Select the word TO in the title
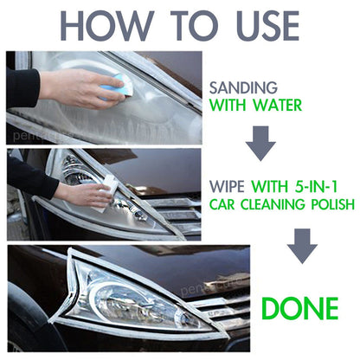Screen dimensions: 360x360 tap(195, 26)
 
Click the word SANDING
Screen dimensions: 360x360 tap(243, 87)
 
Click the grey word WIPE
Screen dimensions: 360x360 tap(227, 186)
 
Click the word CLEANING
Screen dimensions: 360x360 tap(273, 204)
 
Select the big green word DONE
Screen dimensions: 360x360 tap(300, 308)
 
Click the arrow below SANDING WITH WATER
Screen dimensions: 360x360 tap(260, 144)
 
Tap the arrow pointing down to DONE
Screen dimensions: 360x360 tap(302, 246)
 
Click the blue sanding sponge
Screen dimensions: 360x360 tap(116, 87)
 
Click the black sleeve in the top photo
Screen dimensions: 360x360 tap(22, 88)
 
